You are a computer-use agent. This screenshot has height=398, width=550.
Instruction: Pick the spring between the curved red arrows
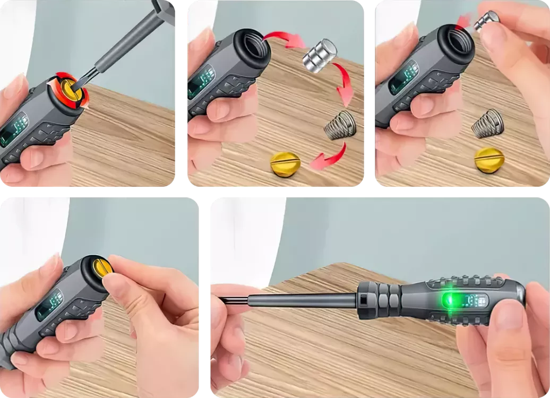click(339, 126)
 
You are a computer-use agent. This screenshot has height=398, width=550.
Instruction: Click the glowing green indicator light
click(452, 301)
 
